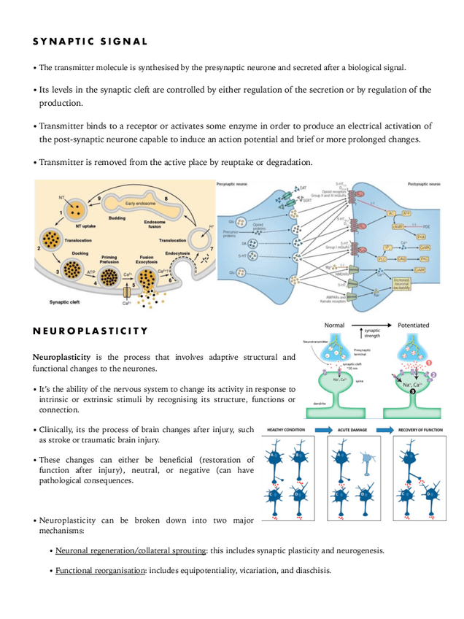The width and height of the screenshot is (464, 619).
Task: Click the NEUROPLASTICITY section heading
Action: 90,331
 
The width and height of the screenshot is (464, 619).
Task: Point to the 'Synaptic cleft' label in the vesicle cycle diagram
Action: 66,301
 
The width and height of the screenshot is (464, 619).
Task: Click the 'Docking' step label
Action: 80,253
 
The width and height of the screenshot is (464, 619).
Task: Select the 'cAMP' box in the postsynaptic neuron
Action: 398,227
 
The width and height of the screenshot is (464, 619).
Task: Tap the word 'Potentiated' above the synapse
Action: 414,325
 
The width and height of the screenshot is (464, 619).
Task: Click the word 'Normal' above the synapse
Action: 334,325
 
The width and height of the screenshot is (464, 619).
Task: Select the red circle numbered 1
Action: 429,362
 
